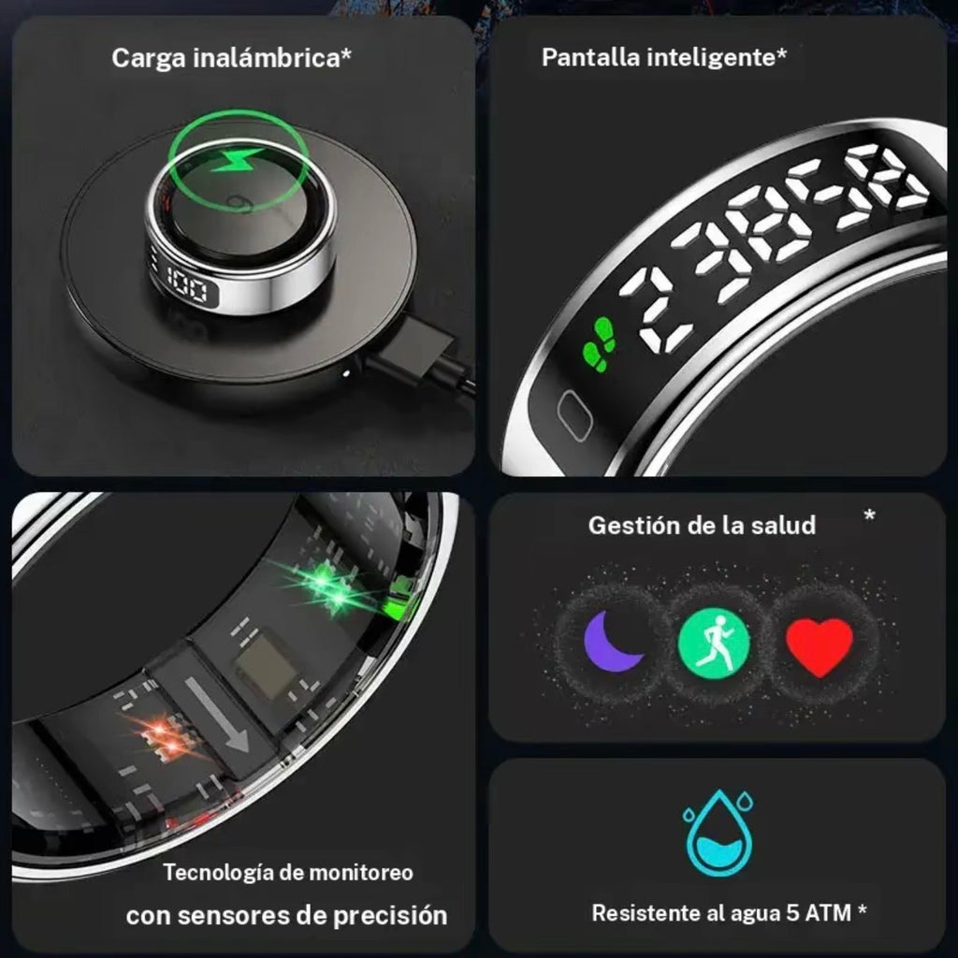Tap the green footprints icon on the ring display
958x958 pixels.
[600, 344]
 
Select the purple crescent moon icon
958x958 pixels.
[612, 642]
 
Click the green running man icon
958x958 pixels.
[714, 643]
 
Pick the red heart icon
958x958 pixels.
[819, 646]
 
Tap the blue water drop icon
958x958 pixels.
[718, 832]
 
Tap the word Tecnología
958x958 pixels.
[217, 873]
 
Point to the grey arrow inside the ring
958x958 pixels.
[217, 714]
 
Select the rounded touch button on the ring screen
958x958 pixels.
[574, 414]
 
